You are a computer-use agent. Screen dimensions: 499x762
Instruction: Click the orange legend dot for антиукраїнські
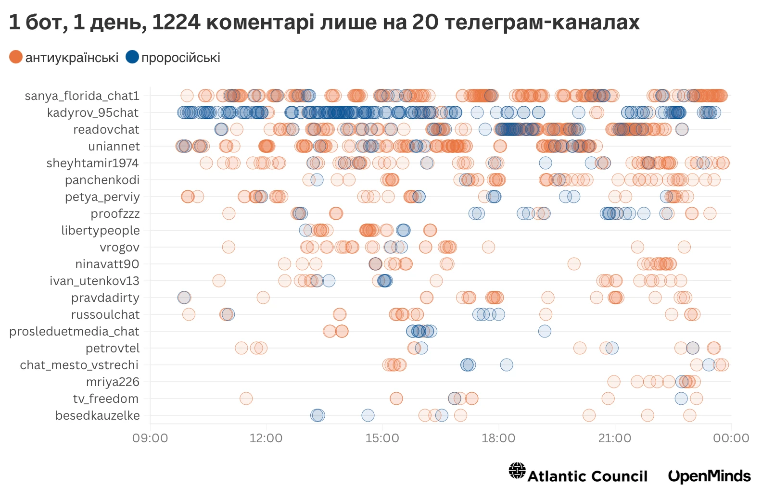pos(16,57)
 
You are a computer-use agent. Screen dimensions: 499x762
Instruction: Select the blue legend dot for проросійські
pos(132,57)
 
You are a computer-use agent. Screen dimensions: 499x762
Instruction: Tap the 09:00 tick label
pos(150,438)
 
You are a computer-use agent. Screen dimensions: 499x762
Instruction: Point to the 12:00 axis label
pos(266,438)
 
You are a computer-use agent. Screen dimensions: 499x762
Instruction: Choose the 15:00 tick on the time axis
pos(382,438)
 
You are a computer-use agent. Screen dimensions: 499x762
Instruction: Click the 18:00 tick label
pos(498,438)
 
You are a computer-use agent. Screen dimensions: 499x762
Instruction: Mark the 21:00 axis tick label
pos(615,438)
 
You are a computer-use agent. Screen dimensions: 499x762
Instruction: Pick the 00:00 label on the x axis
pos(731,438)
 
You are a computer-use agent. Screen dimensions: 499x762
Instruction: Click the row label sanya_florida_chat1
pos(82,96)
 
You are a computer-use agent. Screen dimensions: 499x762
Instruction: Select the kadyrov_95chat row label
pos(93,112)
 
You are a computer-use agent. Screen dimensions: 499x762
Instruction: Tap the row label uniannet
pos(114,146)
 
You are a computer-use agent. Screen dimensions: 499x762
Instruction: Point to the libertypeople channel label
pos(100,230)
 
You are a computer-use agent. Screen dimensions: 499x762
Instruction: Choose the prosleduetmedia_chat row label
pos(74,331)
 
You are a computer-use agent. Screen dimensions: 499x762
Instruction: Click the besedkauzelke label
pos(98,415)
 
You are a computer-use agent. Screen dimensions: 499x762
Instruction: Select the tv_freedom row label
pos(106,399)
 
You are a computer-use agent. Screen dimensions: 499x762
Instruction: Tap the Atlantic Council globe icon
pos(517,471)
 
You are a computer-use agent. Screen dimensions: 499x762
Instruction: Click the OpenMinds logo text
pos(709,476)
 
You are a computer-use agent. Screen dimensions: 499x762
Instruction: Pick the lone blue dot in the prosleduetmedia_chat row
pos(545,331)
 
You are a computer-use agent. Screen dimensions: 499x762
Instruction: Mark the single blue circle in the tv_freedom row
pos(681,399)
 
